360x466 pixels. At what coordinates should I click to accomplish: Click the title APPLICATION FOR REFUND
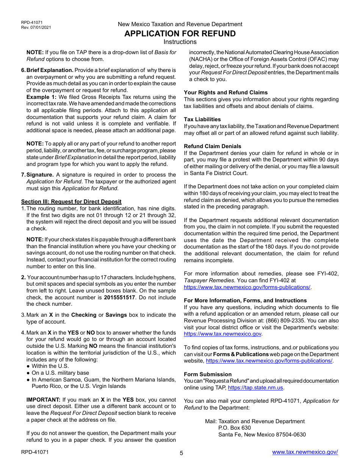point(180,33)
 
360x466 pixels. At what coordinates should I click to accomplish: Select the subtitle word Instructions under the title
point(180,42)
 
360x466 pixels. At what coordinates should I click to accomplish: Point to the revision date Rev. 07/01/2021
point(36,27)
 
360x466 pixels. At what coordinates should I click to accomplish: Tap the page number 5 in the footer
point(181,453)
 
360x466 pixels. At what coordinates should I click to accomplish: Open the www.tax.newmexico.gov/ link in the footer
point(305,452)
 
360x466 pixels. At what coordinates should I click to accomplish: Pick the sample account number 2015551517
point(119,297)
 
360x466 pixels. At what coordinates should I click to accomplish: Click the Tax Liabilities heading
point(202,119)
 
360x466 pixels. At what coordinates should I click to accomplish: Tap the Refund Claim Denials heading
point(213,146)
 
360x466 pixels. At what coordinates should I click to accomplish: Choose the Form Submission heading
point(208,374)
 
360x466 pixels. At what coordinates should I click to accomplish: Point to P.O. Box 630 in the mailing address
point(234,428)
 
